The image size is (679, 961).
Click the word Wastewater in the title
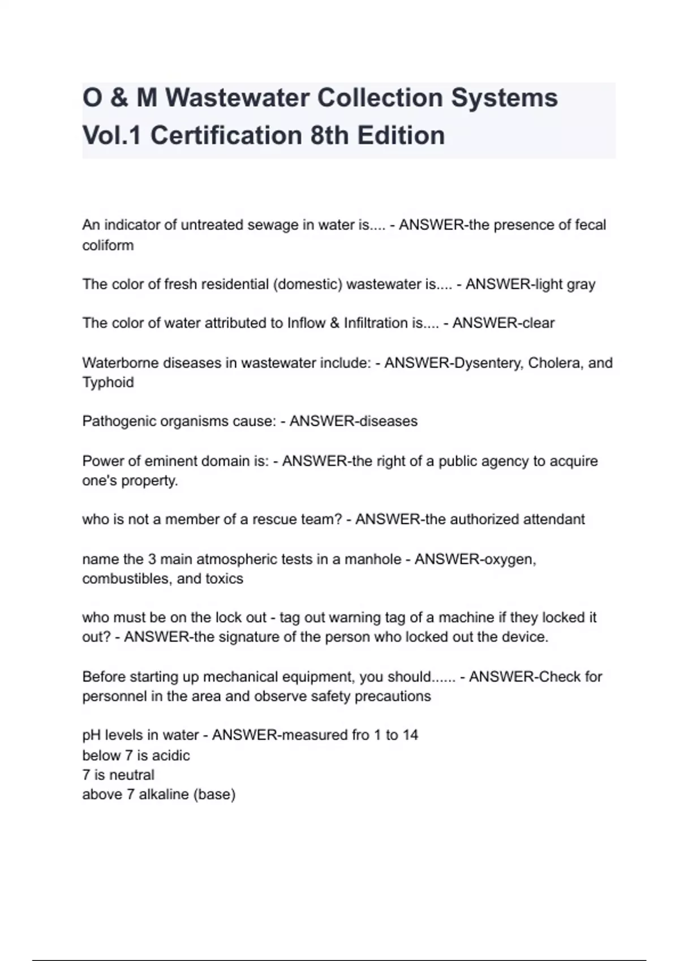[236, 98]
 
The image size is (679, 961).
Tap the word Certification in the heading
[226, 136]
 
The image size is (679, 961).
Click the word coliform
[108, 245]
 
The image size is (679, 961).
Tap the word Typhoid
[108, 383]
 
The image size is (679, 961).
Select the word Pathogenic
[117, 422]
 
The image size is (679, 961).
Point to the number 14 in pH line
[410, 735]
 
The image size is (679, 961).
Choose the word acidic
[171, 756]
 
